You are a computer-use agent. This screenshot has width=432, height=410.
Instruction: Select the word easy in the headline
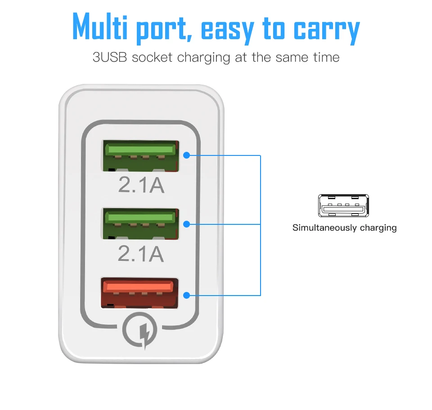point(229,29)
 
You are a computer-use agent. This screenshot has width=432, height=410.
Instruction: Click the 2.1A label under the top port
point(141,186)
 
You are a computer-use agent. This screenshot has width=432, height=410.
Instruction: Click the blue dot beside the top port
point(187,155)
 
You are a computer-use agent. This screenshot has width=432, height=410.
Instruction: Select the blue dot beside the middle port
point(187,224)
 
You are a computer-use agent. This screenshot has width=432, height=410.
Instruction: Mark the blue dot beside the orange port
point(187,296)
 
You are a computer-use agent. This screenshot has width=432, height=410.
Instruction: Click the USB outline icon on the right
point(343,206)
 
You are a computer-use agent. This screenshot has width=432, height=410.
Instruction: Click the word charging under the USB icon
point(378,228)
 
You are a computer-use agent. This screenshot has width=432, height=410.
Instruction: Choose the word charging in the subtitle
point(206,58)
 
